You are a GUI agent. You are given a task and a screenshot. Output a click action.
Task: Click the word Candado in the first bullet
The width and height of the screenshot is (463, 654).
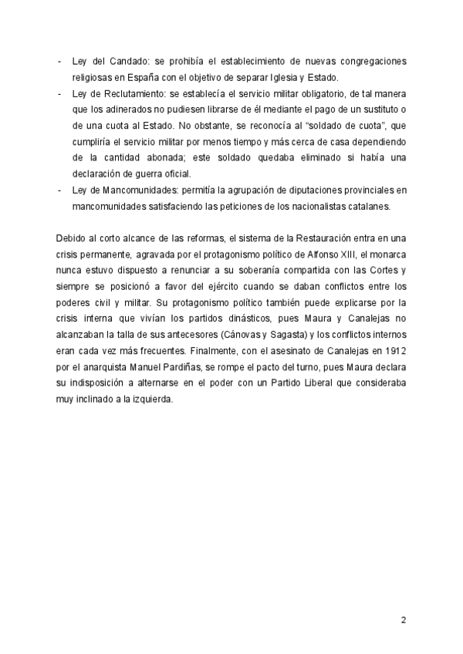click(113, 60)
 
